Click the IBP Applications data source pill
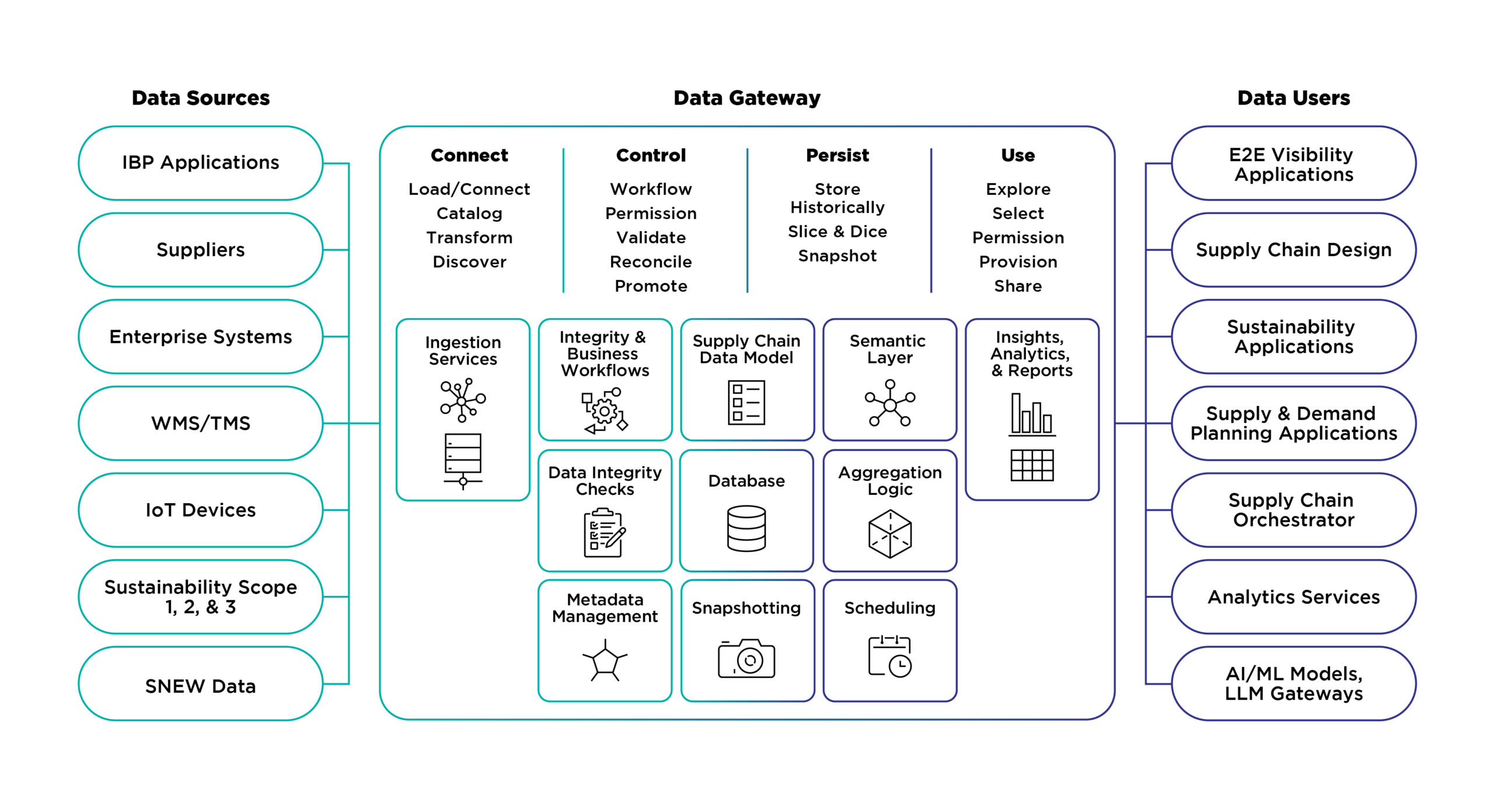pos(201,163)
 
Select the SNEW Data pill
pos(201,683)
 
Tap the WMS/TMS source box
pos(201,423)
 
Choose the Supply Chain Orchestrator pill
pos(1294,510)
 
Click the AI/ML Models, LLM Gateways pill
pos(1294,683)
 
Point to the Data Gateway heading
pos(747,98)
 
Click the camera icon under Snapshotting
pos(746,658)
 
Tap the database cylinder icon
pos(746,528)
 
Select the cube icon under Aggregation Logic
pos(890,533)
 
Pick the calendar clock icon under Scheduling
pos(890,656)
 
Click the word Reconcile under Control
pos(651,262)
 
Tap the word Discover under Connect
pos(469,262)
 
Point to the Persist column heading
pos(837,155)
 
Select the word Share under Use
pos(1018,286)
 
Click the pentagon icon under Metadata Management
pos(605,661)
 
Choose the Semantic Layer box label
pos(888,349)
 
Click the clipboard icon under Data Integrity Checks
pos(605,533)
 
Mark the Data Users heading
pos(1294,98)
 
